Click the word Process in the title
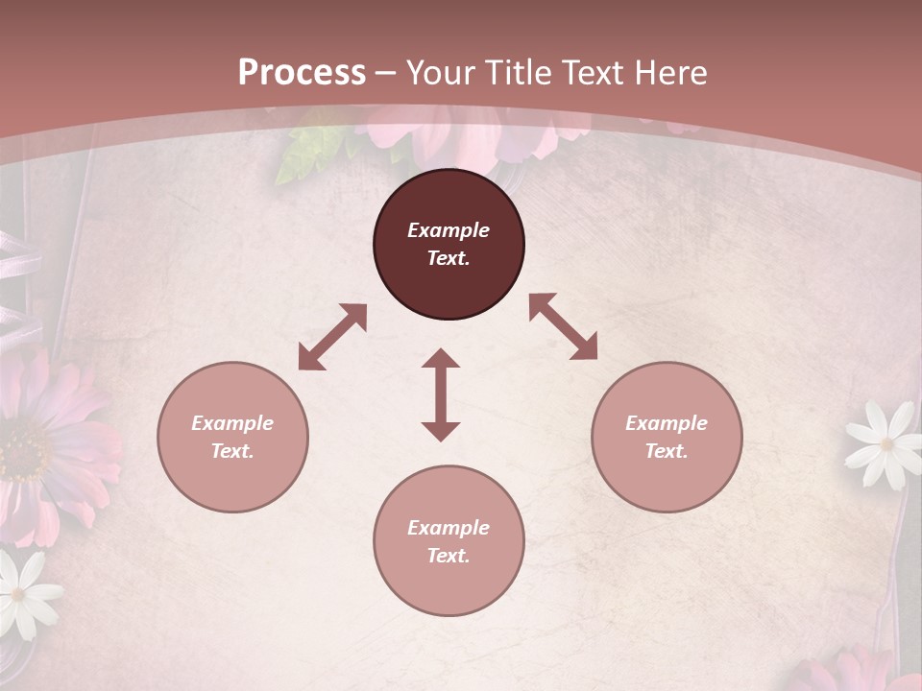pos(302,73)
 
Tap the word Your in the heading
pos(444,73)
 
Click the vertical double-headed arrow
pos(441,394)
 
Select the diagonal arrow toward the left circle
pos(332,337)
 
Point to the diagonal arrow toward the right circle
pos(563,326)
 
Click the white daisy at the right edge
pos(884,443)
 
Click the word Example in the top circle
pos(449,230)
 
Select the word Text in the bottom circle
pos(448,556)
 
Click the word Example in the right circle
pos(667,423)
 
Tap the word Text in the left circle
pos(232,451)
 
